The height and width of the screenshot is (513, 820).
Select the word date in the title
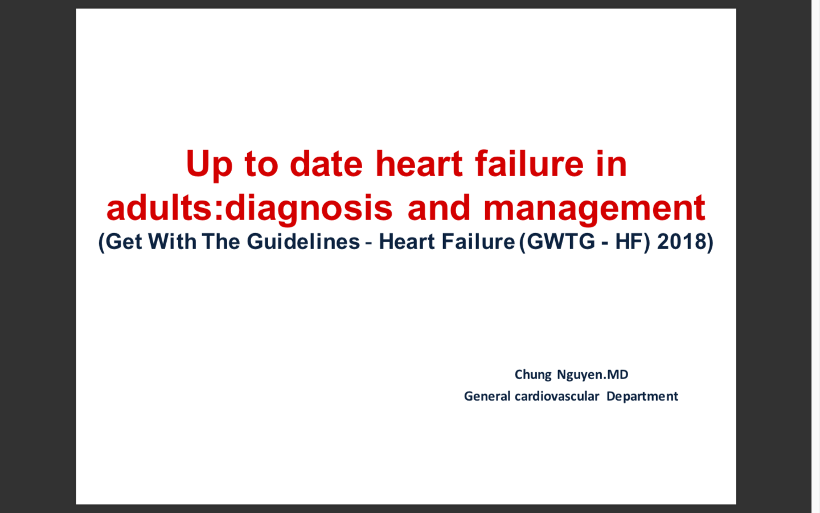pyautogui.click(x=326, y=164)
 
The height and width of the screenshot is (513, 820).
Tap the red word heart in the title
pyautogui.click(x=419, y=164)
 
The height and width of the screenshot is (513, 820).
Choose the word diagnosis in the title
pyautogui.click(x=309, y=209)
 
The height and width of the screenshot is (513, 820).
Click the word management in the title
pyautogui.click(x=594, y=209)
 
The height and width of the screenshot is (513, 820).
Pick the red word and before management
pyautogui.click(x=438, y=207)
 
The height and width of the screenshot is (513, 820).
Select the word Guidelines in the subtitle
pyautogui.click(x=304, y=242)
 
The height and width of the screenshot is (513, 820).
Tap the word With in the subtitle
pyautogui.click(x=172, y=242)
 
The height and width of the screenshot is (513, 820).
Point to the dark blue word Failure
pyautogui.click(x=478, y=242)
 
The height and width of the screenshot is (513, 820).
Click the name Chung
pyautogui.click(x=533, y=375)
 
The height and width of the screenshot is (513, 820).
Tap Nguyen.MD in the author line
pyautogui.click(x=593, y=375)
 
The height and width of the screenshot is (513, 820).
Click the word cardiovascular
pyautogui.click(x=557, y=396)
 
